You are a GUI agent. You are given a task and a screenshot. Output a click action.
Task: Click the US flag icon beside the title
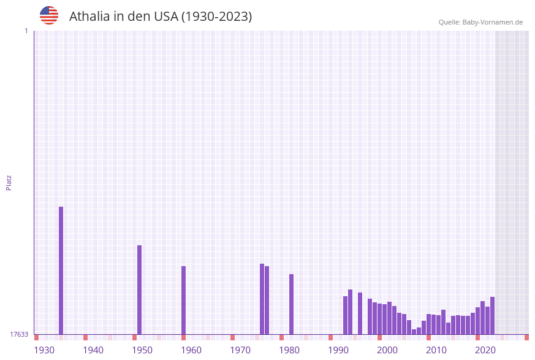click(49, 15)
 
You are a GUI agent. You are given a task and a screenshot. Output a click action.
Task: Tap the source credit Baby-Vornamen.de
click(492, 22)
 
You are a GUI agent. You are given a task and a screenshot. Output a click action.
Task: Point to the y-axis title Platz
click(9, 182)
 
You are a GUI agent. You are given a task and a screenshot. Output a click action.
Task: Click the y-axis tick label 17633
click(19, 334)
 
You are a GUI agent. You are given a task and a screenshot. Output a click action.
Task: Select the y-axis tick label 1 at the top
click(26, 31)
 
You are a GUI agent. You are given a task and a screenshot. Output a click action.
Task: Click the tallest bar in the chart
click(61, 270)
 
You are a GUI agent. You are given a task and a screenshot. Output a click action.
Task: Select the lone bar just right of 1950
click(140, 289)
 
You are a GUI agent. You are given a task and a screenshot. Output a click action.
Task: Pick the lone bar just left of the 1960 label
click(184, 300)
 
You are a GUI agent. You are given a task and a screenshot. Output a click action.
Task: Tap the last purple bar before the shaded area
click(493, 315)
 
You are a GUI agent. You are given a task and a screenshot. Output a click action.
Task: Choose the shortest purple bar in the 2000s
click(414, 332)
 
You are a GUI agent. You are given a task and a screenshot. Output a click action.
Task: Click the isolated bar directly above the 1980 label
click(292, 304)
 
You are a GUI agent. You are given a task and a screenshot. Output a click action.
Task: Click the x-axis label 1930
click(44, 350)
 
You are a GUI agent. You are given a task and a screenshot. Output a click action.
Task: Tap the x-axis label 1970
click(240, 350)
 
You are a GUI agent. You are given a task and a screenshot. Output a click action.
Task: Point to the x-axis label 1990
click(338, 350)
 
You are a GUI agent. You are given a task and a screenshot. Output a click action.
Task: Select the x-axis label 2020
click(485, 350)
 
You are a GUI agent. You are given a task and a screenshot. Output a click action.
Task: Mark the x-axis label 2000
click(387, 350)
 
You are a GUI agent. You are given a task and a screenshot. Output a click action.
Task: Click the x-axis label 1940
click(93, 350)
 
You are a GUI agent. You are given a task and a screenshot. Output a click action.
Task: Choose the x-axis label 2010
click(436, 350)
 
